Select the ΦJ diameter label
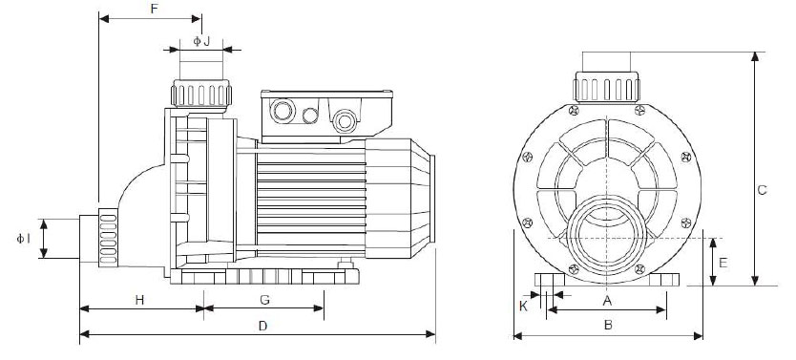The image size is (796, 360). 201,40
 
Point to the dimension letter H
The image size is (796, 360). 138,299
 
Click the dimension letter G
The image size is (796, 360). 264,299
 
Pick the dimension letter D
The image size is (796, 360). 262,326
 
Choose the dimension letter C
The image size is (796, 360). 762,189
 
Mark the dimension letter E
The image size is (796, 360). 723,260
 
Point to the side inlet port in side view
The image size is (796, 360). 98,239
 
